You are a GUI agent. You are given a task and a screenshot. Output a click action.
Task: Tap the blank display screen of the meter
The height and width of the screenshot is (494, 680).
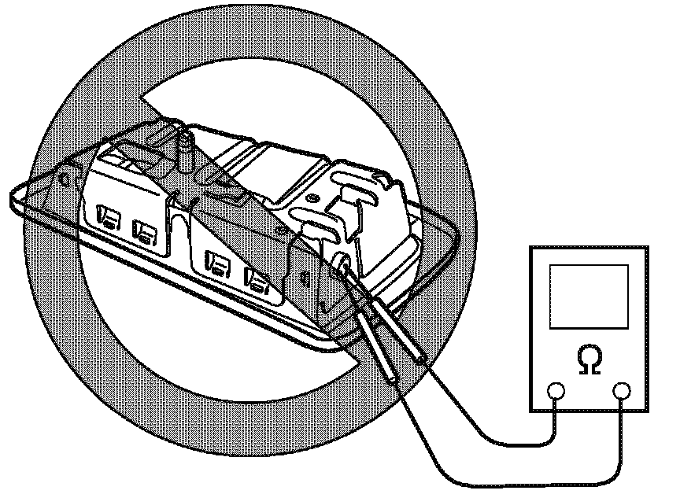coord(589,296)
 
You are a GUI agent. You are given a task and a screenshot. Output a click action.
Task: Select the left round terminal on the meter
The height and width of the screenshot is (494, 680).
coord(556,390)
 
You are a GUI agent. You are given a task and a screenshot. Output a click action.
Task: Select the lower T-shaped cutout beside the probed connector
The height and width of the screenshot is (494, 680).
coord(316,232)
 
